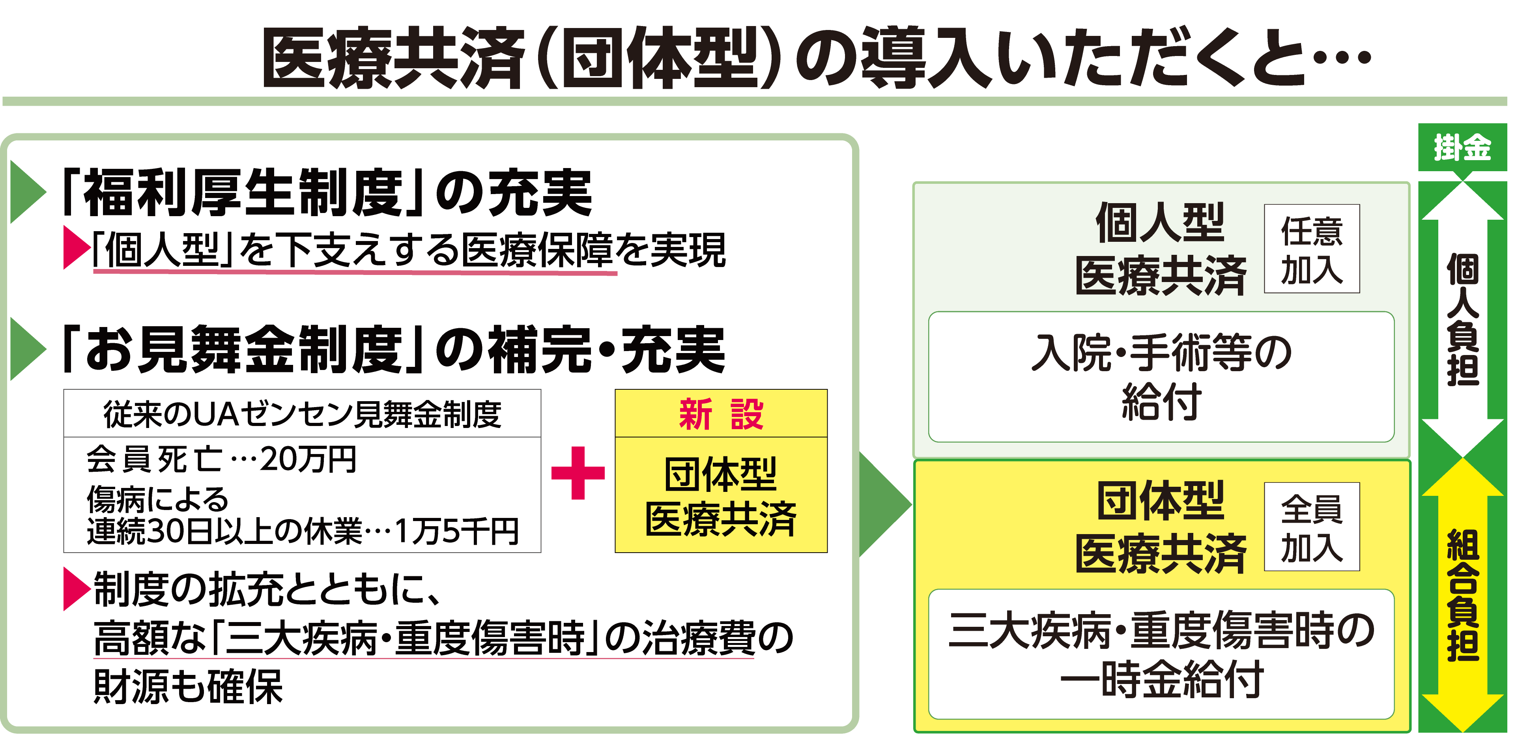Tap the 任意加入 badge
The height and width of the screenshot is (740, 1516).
coord(1311,249)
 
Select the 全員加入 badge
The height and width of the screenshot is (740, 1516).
coord(1311,527)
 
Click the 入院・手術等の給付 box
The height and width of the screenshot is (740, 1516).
coord(1161,377)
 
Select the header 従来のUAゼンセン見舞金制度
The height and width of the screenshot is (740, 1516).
coord(302,414)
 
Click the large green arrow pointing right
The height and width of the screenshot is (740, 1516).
coord(883,504)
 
